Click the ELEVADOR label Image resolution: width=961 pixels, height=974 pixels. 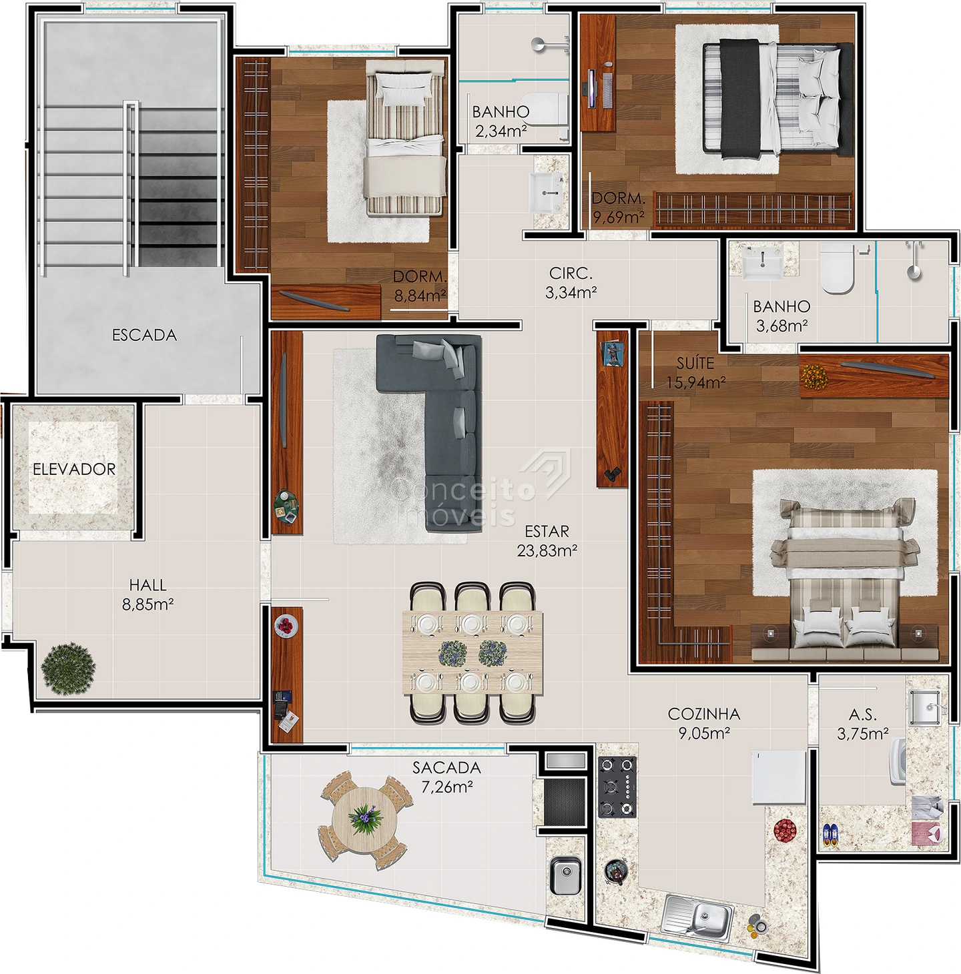(74, 469)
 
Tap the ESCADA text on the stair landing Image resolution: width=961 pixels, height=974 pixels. (145, 335)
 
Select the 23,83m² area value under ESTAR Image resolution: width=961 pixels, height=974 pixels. (547, 550)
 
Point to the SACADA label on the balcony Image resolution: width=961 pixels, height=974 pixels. (446, 768)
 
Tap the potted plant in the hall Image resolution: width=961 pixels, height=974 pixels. (68, 668)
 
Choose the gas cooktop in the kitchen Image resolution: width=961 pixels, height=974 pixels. (617, 787)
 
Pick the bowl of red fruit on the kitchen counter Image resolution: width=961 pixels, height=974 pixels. (785, 830)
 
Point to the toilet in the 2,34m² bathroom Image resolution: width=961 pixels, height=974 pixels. (544, 109)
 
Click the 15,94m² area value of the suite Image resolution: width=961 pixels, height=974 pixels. (696, 382)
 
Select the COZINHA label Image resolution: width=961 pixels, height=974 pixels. (704, 714)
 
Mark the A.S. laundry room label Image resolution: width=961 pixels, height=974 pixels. (863, 714)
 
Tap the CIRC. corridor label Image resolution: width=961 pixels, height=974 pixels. (571, 274)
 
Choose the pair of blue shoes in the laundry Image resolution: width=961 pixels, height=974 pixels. (830, 835)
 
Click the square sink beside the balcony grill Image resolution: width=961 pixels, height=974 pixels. (565, 875)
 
